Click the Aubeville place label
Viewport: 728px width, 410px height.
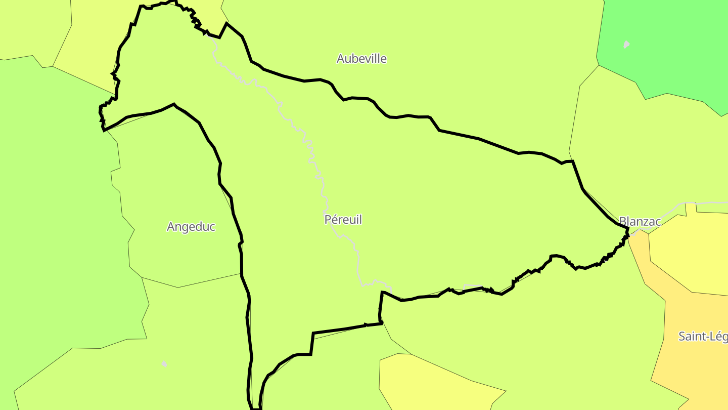click(361, 59)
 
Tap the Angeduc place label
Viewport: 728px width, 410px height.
click(191, 227)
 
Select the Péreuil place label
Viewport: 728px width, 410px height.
click(343, 220)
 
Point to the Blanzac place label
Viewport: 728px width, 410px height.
click(640, 222)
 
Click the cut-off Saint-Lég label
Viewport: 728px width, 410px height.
click(703, 336)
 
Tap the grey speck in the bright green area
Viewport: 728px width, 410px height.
click(626, 45)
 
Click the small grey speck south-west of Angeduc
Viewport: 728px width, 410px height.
click(164, 363)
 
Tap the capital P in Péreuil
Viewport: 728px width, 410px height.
click(328, 220)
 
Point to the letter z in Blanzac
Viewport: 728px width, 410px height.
click(644, 222)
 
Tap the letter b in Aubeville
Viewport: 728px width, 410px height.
click(354, 59)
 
